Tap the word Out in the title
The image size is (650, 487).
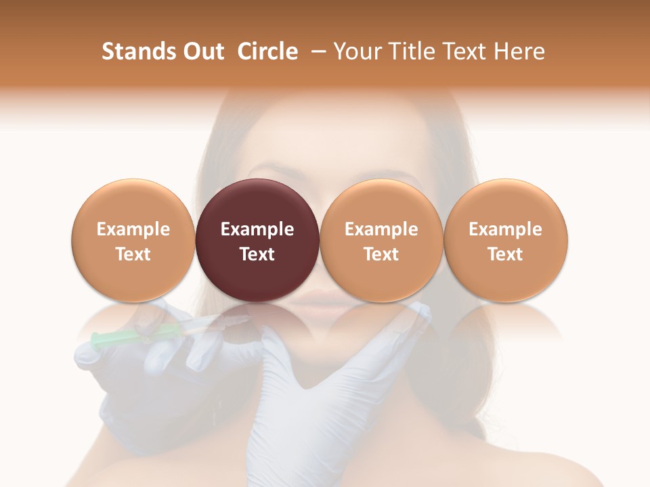(203, 51)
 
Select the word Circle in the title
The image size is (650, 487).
(267, 51)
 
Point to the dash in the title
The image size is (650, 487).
(316, 51)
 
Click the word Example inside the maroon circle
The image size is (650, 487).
(257, 229)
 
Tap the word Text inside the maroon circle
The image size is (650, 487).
(257, 254)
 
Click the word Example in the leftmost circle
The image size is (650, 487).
(133, 229)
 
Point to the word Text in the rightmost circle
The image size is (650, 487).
(506, 254)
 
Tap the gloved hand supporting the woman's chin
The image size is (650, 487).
(318, 379)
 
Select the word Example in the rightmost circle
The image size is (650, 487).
(506, 229)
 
